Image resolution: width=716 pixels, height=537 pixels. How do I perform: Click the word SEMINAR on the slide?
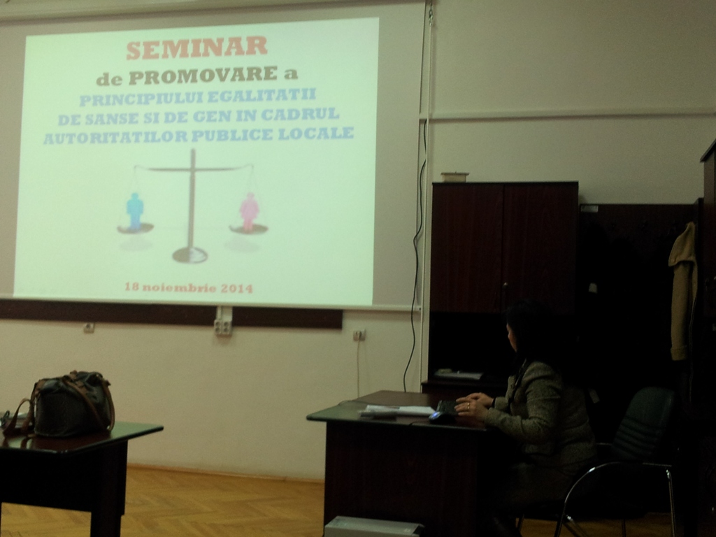[x=196, y=48]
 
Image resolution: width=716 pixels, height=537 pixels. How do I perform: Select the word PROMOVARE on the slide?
[x=203, y=76]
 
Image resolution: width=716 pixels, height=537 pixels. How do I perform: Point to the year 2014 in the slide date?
[x=236, y=288]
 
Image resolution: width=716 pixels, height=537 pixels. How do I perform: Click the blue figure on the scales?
[x=135, y=211]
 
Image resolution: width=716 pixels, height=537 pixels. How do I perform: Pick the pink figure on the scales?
[x=250, y=211]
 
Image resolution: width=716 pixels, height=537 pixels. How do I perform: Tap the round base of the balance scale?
[x=190, y=255]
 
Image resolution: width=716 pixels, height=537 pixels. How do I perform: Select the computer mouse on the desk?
[x=441, y=417]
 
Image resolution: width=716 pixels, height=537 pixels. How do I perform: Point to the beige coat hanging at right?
[x=683, y=290]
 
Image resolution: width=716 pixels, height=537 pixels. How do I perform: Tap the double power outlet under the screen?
[x=223, y=327]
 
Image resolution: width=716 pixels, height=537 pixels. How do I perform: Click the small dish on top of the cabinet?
[x=454, y=177]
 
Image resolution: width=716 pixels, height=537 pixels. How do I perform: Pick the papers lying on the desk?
[x=397, y=410]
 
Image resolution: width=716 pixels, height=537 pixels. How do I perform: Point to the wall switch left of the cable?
[x=359, y=335]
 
